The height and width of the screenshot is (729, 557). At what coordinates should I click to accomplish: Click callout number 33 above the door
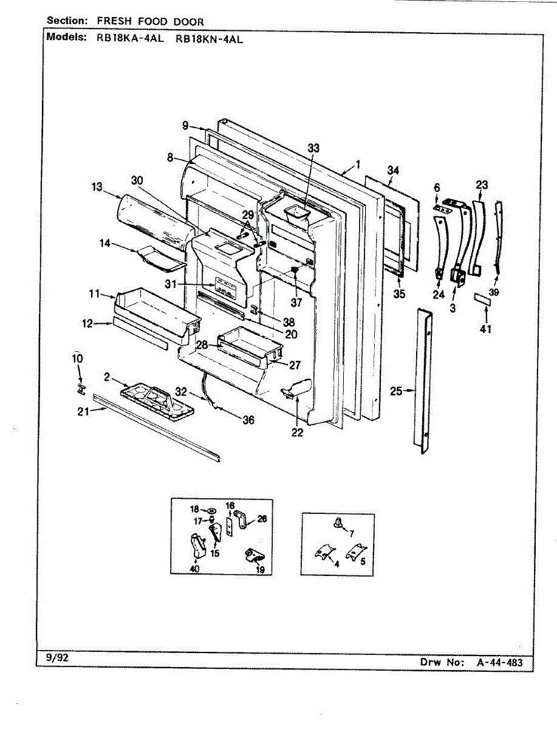313,148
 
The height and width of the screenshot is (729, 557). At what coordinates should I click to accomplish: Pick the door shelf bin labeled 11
156,308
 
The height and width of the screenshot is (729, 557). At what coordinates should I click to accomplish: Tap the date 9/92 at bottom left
57,658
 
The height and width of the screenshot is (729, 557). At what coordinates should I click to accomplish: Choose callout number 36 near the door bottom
248,420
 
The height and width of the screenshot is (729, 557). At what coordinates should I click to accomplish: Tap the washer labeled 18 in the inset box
211,510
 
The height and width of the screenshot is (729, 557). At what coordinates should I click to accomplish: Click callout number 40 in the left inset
194,569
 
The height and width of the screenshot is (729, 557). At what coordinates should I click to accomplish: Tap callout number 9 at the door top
185,126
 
